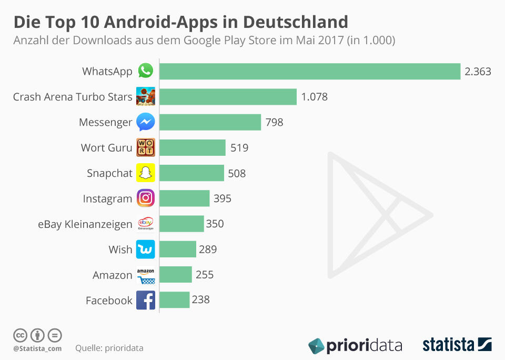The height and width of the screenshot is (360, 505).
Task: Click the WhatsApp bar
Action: pyautogui.click(x=310, y=72)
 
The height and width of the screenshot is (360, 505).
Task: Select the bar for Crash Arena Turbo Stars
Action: pyautogui.click(x=228, y=97)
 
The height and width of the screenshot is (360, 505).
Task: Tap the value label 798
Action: pyautogui.click(x=275, y=122)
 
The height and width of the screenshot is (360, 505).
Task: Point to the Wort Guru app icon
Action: pyautogui.click(x=146, y=148)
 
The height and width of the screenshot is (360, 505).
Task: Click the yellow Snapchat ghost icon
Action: pyautogui.click(x=146, y=173)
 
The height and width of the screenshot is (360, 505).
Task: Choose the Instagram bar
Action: pyautogui.click(x=184, y=198)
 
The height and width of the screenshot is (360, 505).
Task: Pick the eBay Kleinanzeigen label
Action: pyautogui.click(x=85, y=224)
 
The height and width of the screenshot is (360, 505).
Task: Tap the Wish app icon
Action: pyautogui.click(x=146, y=249)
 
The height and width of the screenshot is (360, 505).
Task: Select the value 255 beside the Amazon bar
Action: pyautogui.click(x=205, y=275)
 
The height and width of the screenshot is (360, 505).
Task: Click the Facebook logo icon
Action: pyautogui.click(x=146, y=300)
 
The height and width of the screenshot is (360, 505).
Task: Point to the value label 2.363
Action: pyautogui.click(x=478, y=72)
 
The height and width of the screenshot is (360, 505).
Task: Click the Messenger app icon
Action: pyautogui.click(x=146, y=122)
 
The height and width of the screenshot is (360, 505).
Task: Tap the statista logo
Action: pyautogui.click(x=457, y=345)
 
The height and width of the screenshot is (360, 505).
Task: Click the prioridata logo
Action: pyautogui.click(x=355, y=345)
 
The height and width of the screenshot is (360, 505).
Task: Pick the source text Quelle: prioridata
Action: pyautogui.click(x=109, y=348)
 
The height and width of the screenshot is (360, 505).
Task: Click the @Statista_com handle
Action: pyautogui.click(x=37, y=348)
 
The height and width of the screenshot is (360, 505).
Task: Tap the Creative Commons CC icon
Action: pyautogui.click(x=20, y=335)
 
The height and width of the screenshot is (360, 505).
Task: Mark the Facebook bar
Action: pyautogui.click(x=174, y=300)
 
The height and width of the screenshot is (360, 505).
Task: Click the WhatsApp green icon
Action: pyautogui.click(x=146, y=71)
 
